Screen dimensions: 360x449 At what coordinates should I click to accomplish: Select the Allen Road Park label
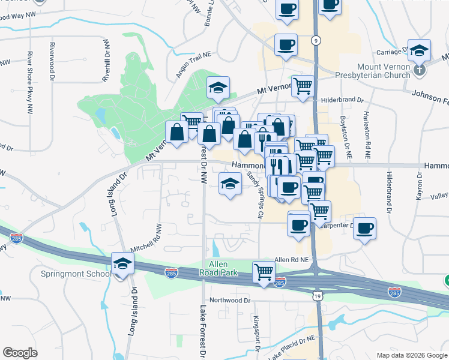[x=223, y=269]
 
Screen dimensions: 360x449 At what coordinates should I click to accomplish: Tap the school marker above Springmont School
[x=122, y=263]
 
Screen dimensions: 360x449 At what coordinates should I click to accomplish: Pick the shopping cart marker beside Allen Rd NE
[x=264, y=272]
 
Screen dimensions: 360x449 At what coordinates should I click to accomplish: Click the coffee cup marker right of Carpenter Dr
[x=364, y=228]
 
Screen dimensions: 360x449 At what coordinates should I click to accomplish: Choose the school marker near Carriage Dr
[x=420, y=51]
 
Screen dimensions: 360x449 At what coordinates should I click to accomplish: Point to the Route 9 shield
[x=316, y=40]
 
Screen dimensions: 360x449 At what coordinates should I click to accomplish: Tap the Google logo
[x=20, y=353]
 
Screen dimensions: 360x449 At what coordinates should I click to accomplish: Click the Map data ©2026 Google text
[x=411, y=355]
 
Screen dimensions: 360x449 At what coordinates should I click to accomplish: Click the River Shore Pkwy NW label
[x=29, y=82]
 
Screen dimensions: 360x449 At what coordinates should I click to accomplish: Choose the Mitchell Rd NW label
[x=146, y=239]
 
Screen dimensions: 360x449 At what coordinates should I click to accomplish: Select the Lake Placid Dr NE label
[x=292, y=347]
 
